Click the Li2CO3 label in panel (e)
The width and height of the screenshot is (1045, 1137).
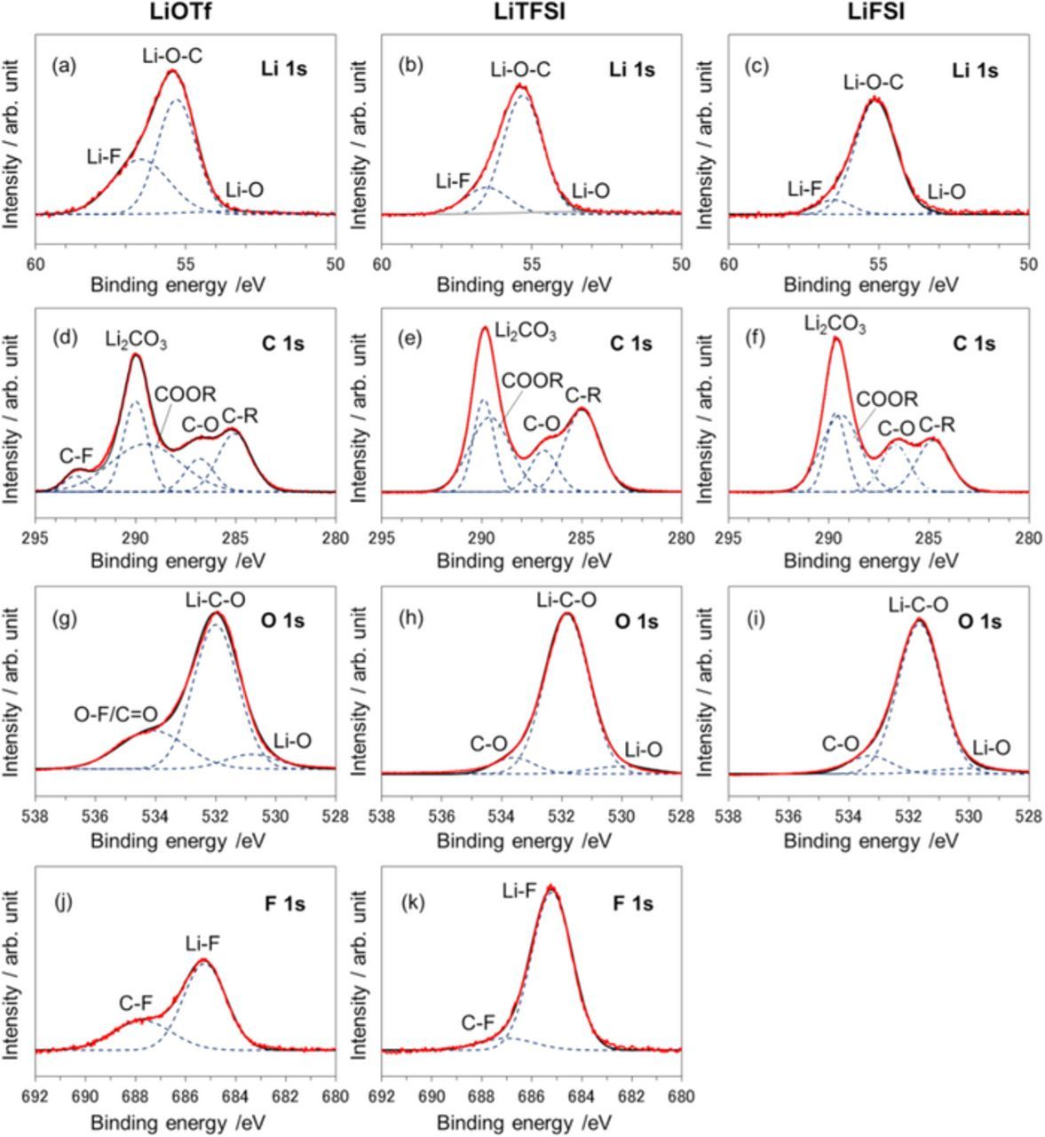click(x=526, y=333)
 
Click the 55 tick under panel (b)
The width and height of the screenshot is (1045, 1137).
click(x=532, y=263)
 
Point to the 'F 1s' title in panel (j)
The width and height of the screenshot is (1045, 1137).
click(x=285, y=905)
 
